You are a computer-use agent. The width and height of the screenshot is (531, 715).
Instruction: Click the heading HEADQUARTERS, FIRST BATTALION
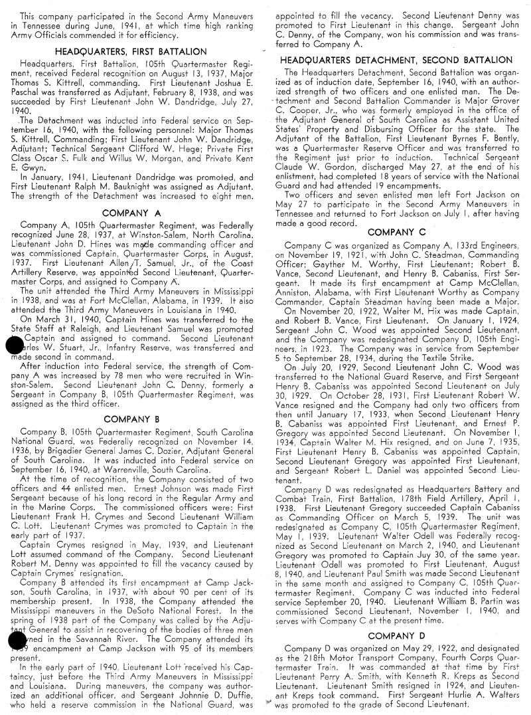click(x=131, y=51)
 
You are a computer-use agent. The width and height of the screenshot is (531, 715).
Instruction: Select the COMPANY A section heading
click(x=131, y=213)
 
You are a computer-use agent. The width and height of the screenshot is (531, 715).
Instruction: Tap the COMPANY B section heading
click(x=131, y=419)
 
